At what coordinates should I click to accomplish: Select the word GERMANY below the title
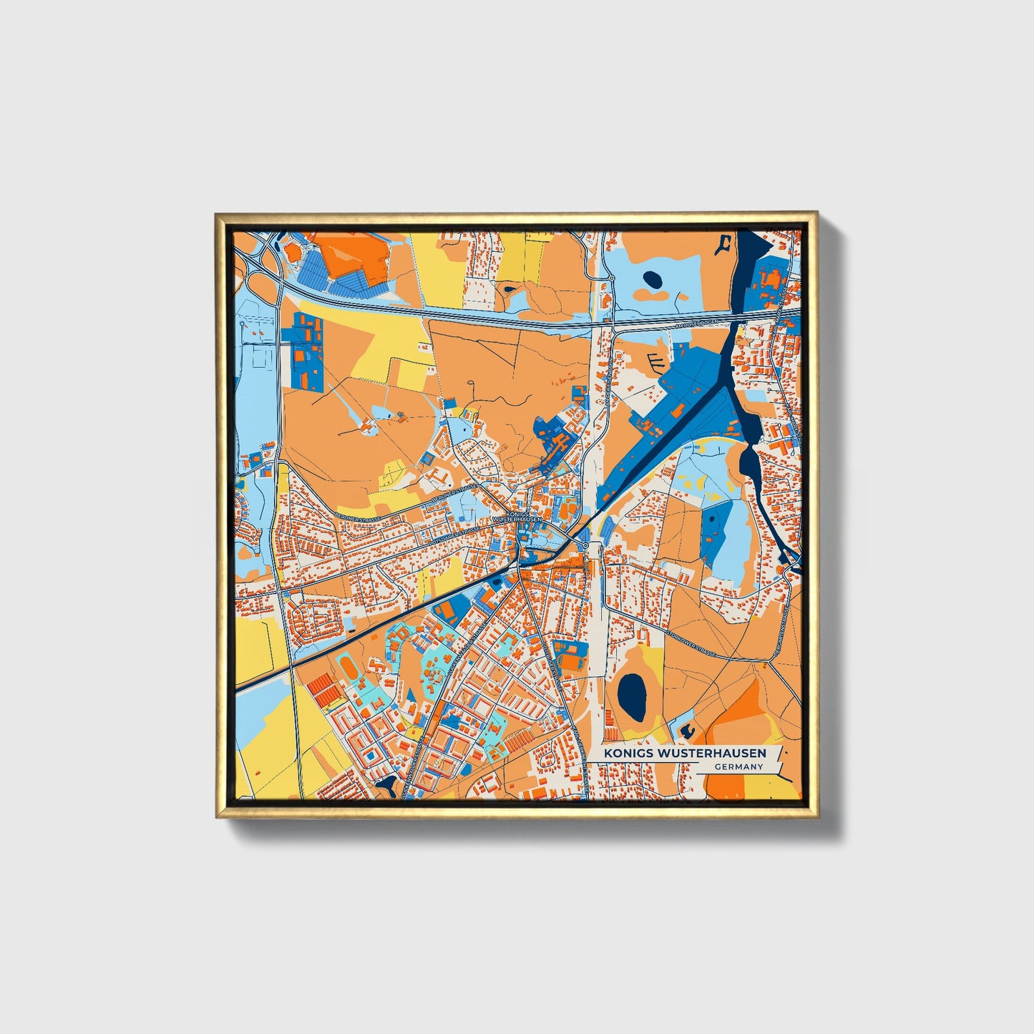[738, 767]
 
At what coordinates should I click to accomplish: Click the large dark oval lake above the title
[632, 697]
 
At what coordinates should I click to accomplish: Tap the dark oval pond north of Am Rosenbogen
[653, 279]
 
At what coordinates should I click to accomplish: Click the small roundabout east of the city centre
[586, 547]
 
